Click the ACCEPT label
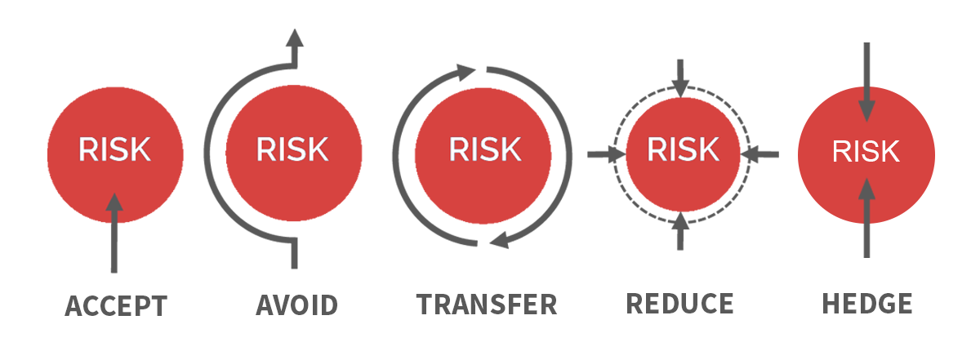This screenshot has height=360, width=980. pyautogui.click(x=116, y=307)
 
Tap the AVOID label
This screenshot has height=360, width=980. pyautogui.click(x=296, y=305)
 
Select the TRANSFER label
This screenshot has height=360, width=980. pyautogui.click(x=487, y=304)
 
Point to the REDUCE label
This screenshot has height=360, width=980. pyautogui.click(x=680, y=303)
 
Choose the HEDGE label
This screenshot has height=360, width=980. pyautogui.click(x=866, y=304)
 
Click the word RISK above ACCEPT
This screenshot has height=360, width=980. pyautogui.click(x=114, y=150)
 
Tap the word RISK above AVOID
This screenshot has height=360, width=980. pyautogui.click(x=292, y=150)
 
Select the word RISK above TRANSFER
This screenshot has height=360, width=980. pyautogui.click(x=484, y=150)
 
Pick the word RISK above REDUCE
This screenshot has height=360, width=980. pyautogui.click(x=684, y=150)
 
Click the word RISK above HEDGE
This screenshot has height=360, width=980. pyautogui.click(x=866, y=152)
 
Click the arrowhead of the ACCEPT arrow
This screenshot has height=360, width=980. pyautogui.click(x=114, y=202)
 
